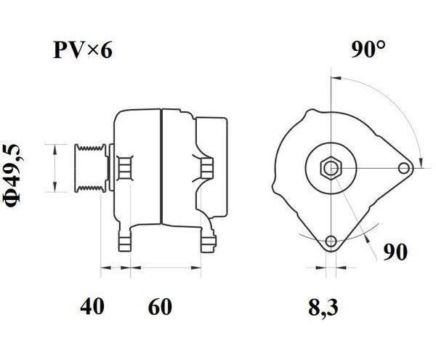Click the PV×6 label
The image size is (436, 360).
pyautogui.click(x=83, y=50)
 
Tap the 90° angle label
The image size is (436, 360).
pyautogui.click(x=368, y=49)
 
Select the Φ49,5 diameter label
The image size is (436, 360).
pyautogui.click(x=13, y=175)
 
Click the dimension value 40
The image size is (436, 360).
pyautogui.click(x=92, y=306)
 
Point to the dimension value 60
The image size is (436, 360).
pyautogui.click(x=160, y=306)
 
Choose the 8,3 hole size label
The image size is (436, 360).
pyautogui.click(x=323, y=308)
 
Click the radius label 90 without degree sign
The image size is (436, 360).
pyautogui.click(x=395, y=252)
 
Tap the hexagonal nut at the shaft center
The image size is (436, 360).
pyautogui.click(x=331, y=168)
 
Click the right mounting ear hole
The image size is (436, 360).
pyautogui.click(x=403, y=168)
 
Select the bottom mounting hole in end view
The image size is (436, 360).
pyautogui.click(x=331, y=241)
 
